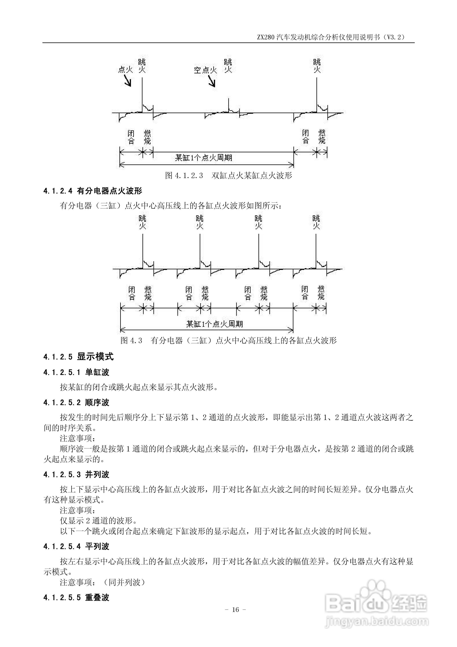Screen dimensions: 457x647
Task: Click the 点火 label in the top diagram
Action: [x=125, y=69]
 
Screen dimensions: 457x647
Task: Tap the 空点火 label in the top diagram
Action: [x=205, y=70]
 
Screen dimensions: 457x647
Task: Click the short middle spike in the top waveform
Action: [x=228, y=105]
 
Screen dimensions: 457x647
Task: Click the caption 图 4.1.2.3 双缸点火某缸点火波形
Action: [x=228, y=176]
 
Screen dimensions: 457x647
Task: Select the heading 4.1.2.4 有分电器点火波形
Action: [x=93, y=191]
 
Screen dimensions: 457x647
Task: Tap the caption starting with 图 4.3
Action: [x=228, y=340]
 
